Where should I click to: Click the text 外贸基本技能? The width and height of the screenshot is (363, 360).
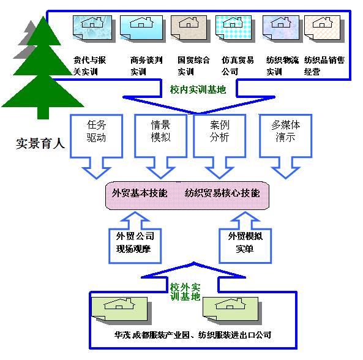(140, 193)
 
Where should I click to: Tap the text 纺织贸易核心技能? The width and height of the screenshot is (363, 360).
(222, 193)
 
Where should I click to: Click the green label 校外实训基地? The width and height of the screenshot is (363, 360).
(185, 291)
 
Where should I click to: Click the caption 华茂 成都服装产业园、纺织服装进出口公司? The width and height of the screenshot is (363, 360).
(192, 335)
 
